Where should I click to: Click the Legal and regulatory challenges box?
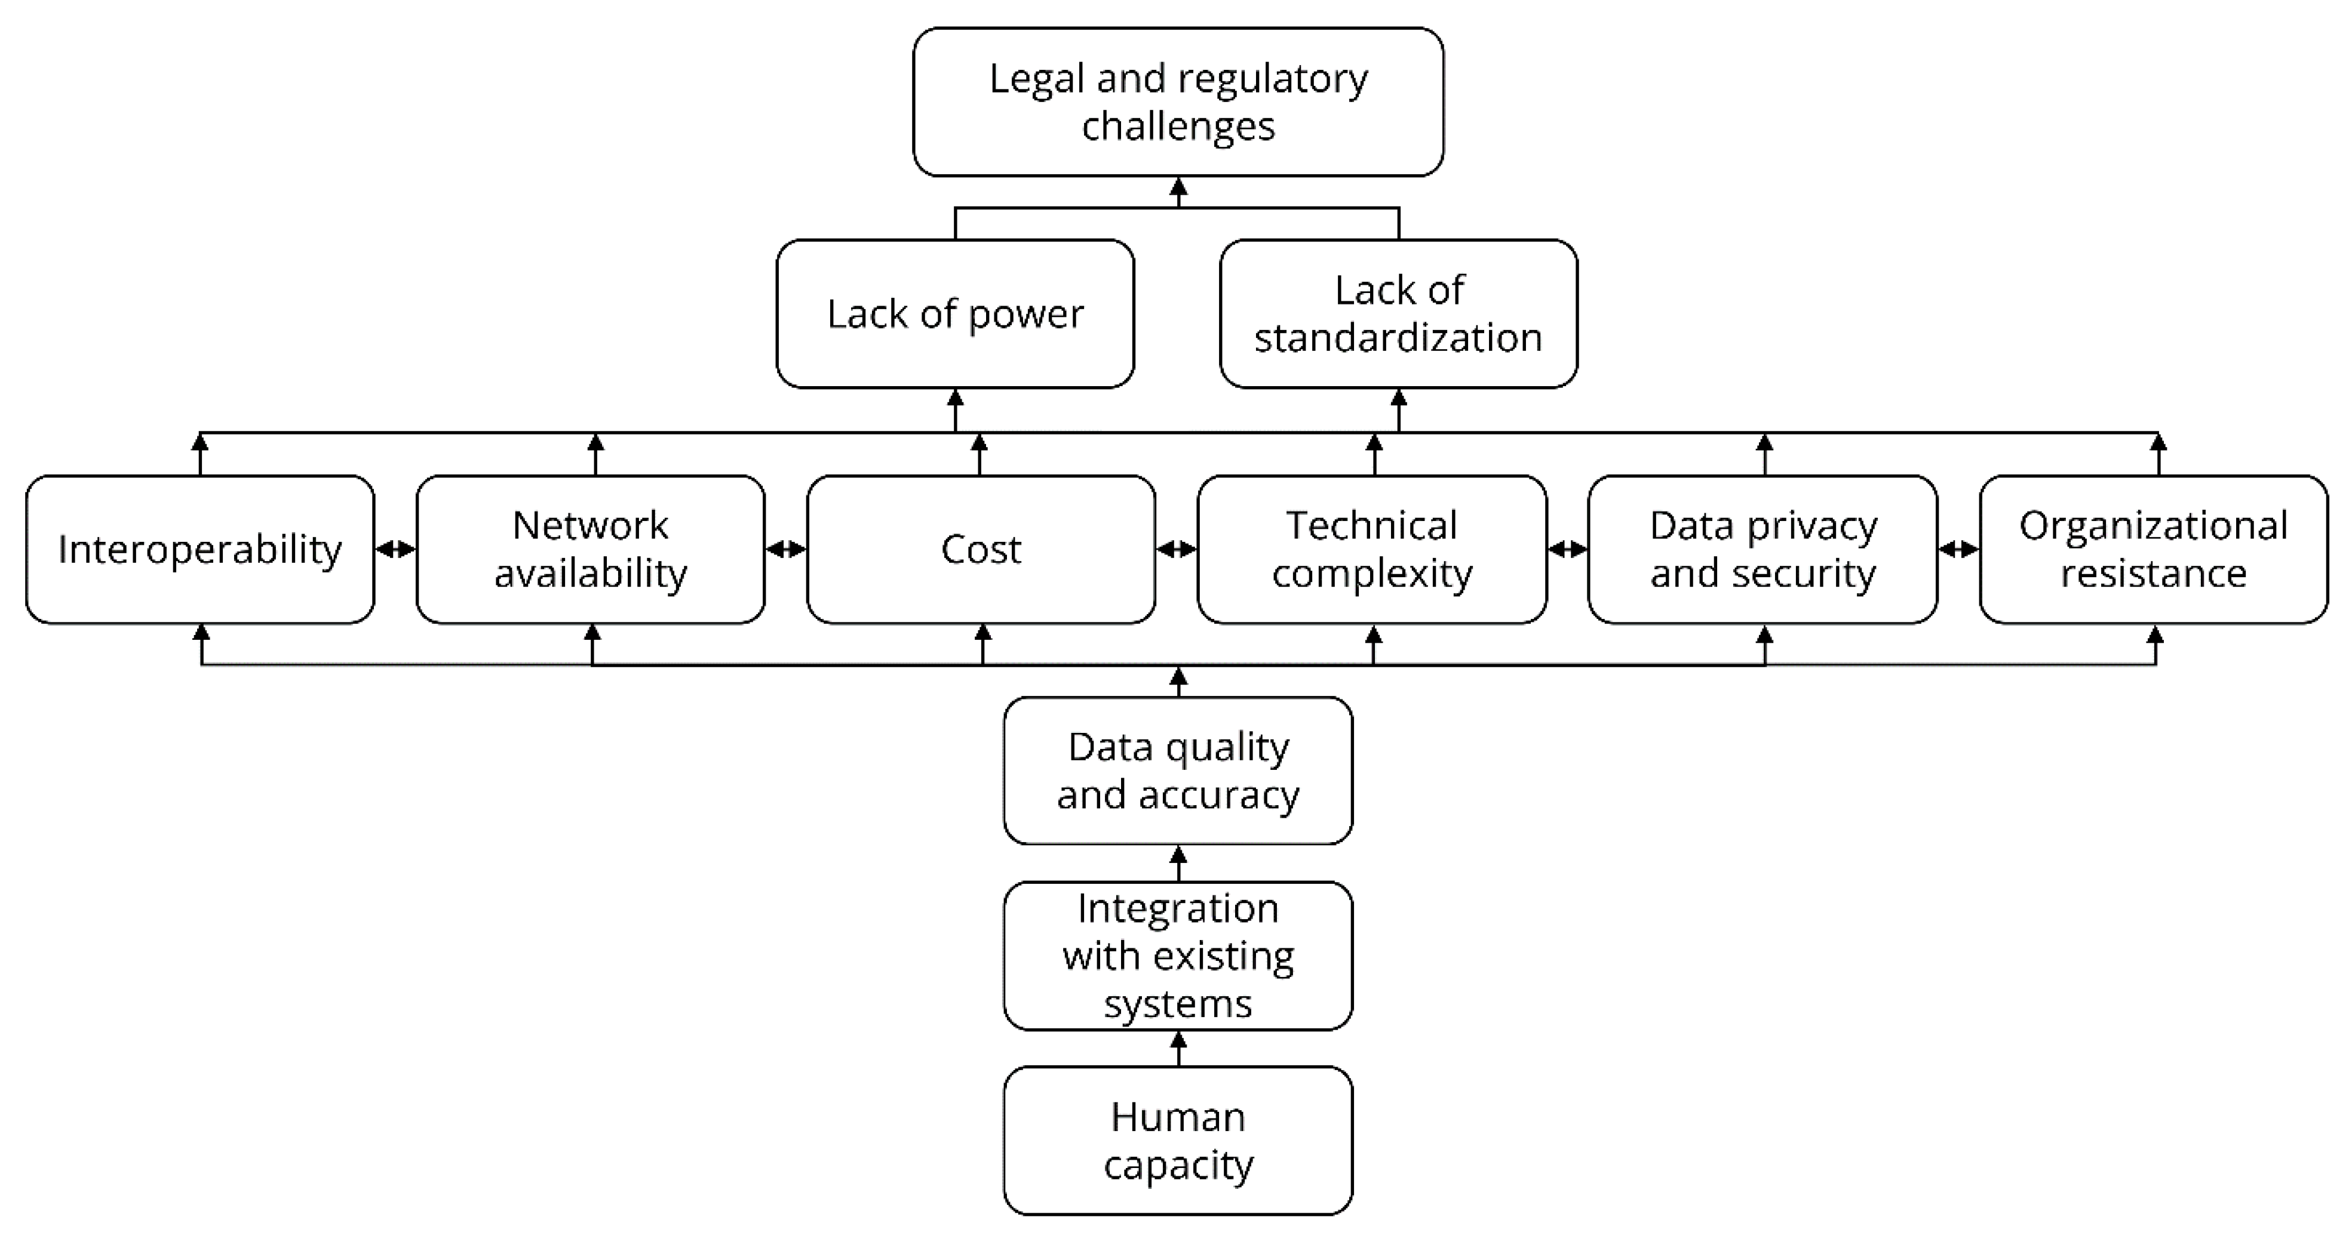(1178, 101)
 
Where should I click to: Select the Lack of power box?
(955, 314)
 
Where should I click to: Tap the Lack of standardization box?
(1398, 314)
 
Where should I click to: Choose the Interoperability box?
(200, 549)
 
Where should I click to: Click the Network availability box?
(590, 549)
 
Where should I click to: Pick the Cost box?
(981, 549)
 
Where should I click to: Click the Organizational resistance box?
(2153, 549)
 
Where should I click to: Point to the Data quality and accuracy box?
(1178, 771)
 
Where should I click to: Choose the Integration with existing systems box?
(1178, 956)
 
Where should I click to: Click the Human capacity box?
(1178, 1140)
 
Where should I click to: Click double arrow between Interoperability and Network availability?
(395, 549)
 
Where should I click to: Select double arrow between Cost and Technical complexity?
(1176, 549)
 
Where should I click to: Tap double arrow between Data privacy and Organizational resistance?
(1958, 549)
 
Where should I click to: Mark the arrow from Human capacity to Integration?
(1178, 1049)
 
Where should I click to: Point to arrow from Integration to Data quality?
(1178, 863)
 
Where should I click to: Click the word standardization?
(1398, 338)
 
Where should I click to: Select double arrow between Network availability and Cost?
(785, 549)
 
